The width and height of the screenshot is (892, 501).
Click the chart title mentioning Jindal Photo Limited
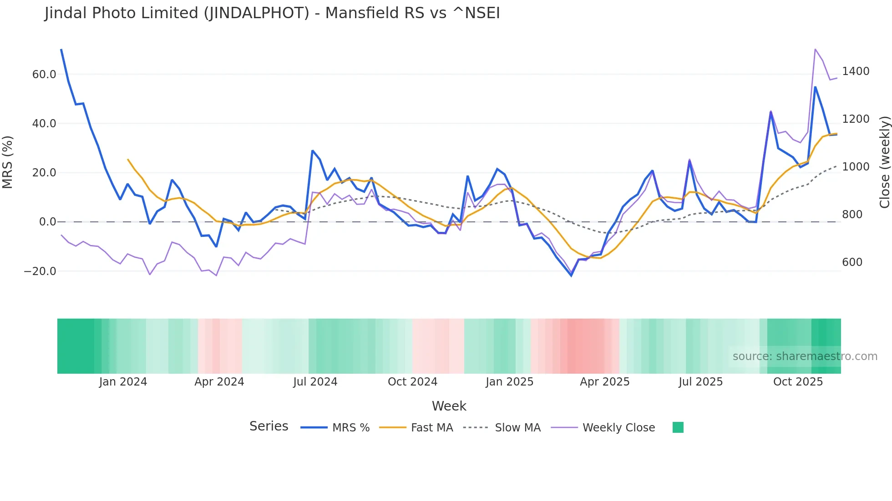272,13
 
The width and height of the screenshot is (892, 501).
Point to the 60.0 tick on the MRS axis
44,75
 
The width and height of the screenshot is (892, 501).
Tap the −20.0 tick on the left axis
40,271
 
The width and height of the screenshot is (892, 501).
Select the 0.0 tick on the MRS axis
47,222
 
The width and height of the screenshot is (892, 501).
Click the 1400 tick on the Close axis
856,71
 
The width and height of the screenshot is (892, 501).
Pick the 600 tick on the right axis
852,262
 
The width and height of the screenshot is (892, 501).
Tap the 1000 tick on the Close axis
856,167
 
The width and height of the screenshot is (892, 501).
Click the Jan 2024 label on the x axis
123,382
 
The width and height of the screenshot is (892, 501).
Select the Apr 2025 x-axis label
604,382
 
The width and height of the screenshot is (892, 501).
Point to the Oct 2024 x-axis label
412,382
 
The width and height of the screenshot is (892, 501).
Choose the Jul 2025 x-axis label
700,382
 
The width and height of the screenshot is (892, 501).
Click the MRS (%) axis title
8,162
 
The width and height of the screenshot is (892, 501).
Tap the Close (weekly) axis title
884,162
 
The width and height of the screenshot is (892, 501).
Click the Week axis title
449,406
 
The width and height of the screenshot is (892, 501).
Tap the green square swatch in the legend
678,427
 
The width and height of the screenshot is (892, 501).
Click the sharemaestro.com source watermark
805,356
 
